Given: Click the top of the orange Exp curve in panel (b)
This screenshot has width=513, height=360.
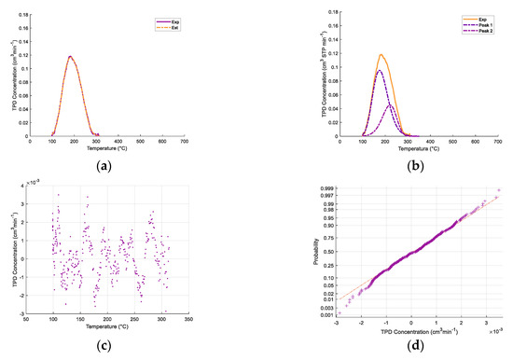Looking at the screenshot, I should click(x=381, y=54).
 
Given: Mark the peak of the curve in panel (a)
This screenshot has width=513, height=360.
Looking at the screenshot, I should click(x=70, y=56).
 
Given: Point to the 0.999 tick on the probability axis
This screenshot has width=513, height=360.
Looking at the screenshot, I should click(x=327, y=188).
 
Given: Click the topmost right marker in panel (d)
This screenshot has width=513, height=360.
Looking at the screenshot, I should click(x=497, y=190).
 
